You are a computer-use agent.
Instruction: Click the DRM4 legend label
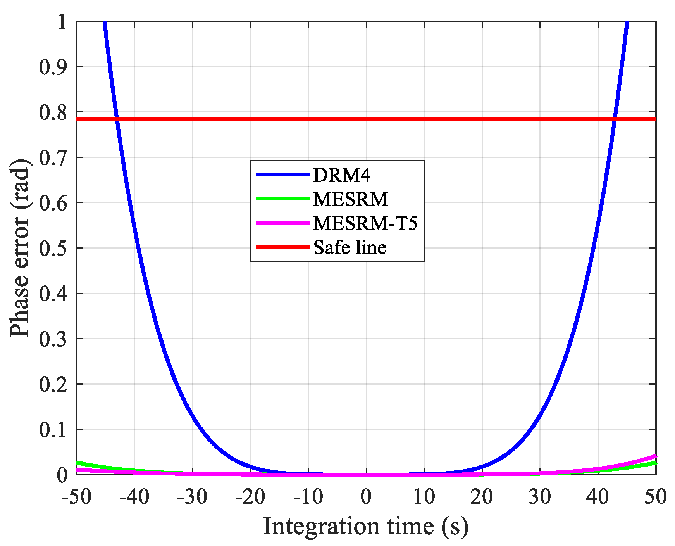(342, 175)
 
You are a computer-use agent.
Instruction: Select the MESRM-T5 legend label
(365, 223)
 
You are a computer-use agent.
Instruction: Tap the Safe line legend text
(350, 247)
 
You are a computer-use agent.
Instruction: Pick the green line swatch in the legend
(282, 199)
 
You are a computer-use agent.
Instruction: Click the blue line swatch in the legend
(282, 175)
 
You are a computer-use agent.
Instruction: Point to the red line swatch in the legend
(282, 247)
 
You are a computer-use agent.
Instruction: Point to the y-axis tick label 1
(62, 22)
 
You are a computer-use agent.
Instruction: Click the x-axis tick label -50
(76, 497)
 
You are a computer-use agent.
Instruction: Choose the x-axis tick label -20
(250, 497)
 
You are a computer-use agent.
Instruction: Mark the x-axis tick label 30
(540, 497)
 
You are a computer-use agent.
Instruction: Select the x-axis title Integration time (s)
(366, 527)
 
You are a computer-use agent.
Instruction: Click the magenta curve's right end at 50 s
(655, 456)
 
